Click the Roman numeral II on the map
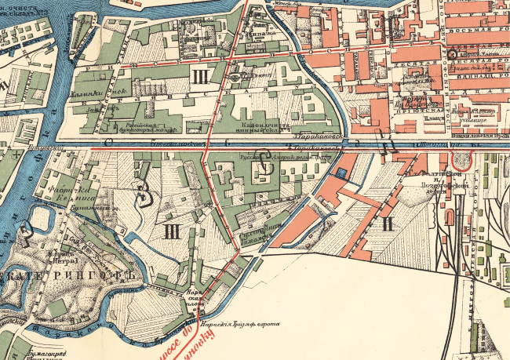click(x=386, y=224)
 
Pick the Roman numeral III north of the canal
click(x=201, y=76)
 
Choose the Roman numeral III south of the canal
click(x=172, y=231)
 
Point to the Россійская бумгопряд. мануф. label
click(x=148, y=127)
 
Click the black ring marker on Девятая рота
click(x=453, y=55)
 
